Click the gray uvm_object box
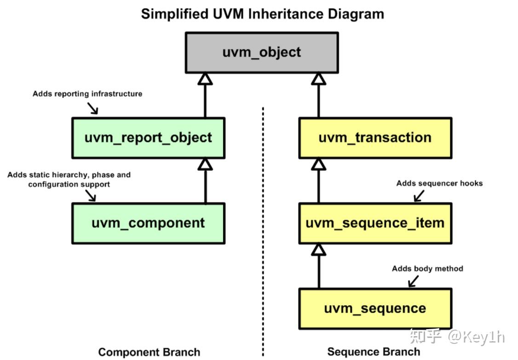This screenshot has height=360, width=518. pyautogui.click(x=261, y=52)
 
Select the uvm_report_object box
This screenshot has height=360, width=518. pyautogui.click(x=148, y=138)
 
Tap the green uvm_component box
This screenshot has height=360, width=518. pyautogui.click(x=148, y=223)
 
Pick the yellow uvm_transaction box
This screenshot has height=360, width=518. pyautogui.click(x=375, y=138)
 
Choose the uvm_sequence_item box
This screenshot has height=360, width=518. pyautogui.click(x=375, y=223)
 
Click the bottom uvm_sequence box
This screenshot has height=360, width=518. pyautogui.click(x=375, y=308)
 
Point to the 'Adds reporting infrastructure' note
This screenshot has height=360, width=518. pyautogui.click(x=87, y=94)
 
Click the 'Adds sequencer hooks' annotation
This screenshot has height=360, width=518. pyautogui.click(x=439, y=183)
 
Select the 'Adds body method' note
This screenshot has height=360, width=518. pyautogui.click(x=427, y=268)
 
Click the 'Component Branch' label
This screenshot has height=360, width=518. pyautogui.click(x=149, y=352)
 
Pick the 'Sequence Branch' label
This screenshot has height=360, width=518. pyautogui.click(x=374, y=352)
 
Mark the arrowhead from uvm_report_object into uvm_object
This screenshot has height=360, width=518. pyautogui.click(x=205, y=79)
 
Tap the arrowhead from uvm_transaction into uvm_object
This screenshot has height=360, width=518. pyautogui.click(x=318, y=79)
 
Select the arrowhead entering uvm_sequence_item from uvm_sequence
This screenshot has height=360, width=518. pyautogui.click(x=318, y=250)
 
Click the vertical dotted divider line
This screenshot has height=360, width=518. pyautogui.click(x=263, y=230)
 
